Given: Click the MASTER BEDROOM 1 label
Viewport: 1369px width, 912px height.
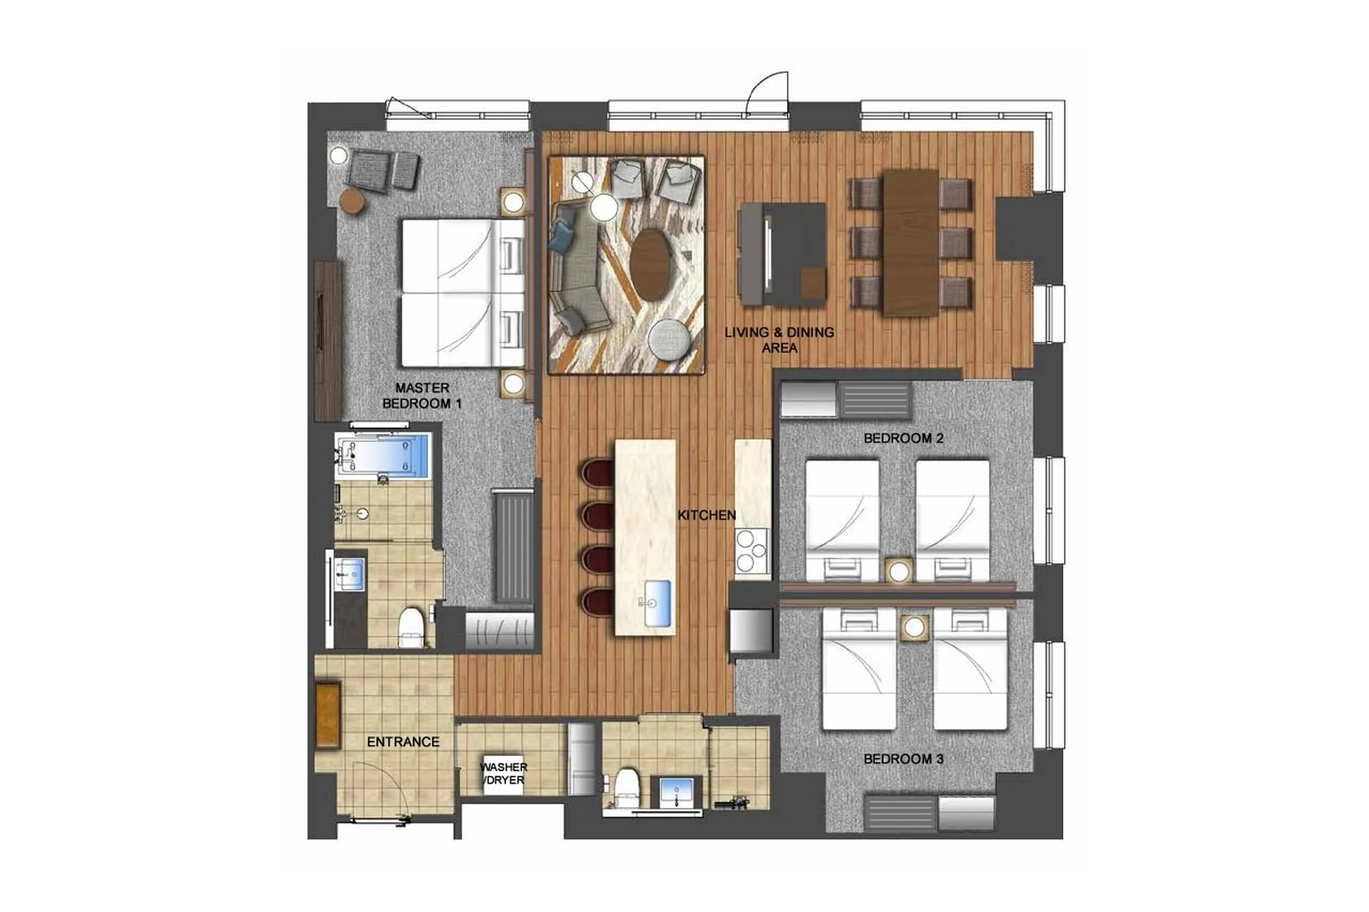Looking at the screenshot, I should tap(422, 396).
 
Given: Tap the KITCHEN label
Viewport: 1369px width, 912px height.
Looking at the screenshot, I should tap(706, 515).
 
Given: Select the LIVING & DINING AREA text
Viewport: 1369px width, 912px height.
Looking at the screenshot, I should tap(779, 340).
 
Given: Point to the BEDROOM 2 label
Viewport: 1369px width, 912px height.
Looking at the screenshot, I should tap(903, 438).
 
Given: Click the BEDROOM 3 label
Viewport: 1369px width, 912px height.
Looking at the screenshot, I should tap(903, 759).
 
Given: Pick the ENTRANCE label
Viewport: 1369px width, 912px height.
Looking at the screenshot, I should tap(403, 742).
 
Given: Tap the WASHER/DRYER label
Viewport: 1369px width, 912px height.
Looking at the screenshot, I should tap(504, 774).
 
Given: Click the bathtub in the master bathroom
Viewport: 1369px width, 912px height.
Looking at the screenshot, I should tap(383, 454).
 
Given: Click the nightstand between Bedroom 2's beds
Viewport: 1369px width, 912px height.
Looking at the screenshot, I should tap(899, 570).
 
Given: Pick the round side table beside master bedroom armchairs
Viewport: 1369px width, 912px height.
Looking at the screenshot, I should tap(352, 202).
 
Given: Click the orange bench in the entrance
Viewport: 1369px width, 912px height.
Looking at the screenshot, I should tap(327, 714).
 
